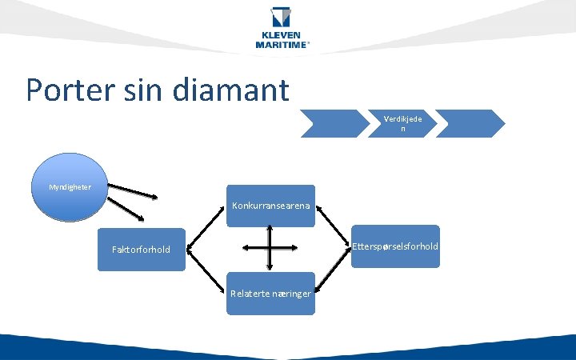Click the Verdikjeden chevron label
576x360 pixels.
click(403, 123)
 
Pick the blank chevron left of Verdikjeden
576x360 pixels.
click(334, 123)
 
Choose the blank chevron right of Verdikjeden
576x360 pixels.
click(470, 123)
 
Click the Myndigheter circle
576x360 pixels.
click(70, 187)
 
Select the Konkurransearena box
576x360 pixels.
click(271, 206)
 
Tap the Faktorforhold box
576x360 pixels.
click(141, 250)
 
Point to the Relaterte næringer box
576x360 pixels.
click(270, 294)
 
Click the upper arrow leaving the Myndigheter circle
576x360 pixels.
click(134, 192)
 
